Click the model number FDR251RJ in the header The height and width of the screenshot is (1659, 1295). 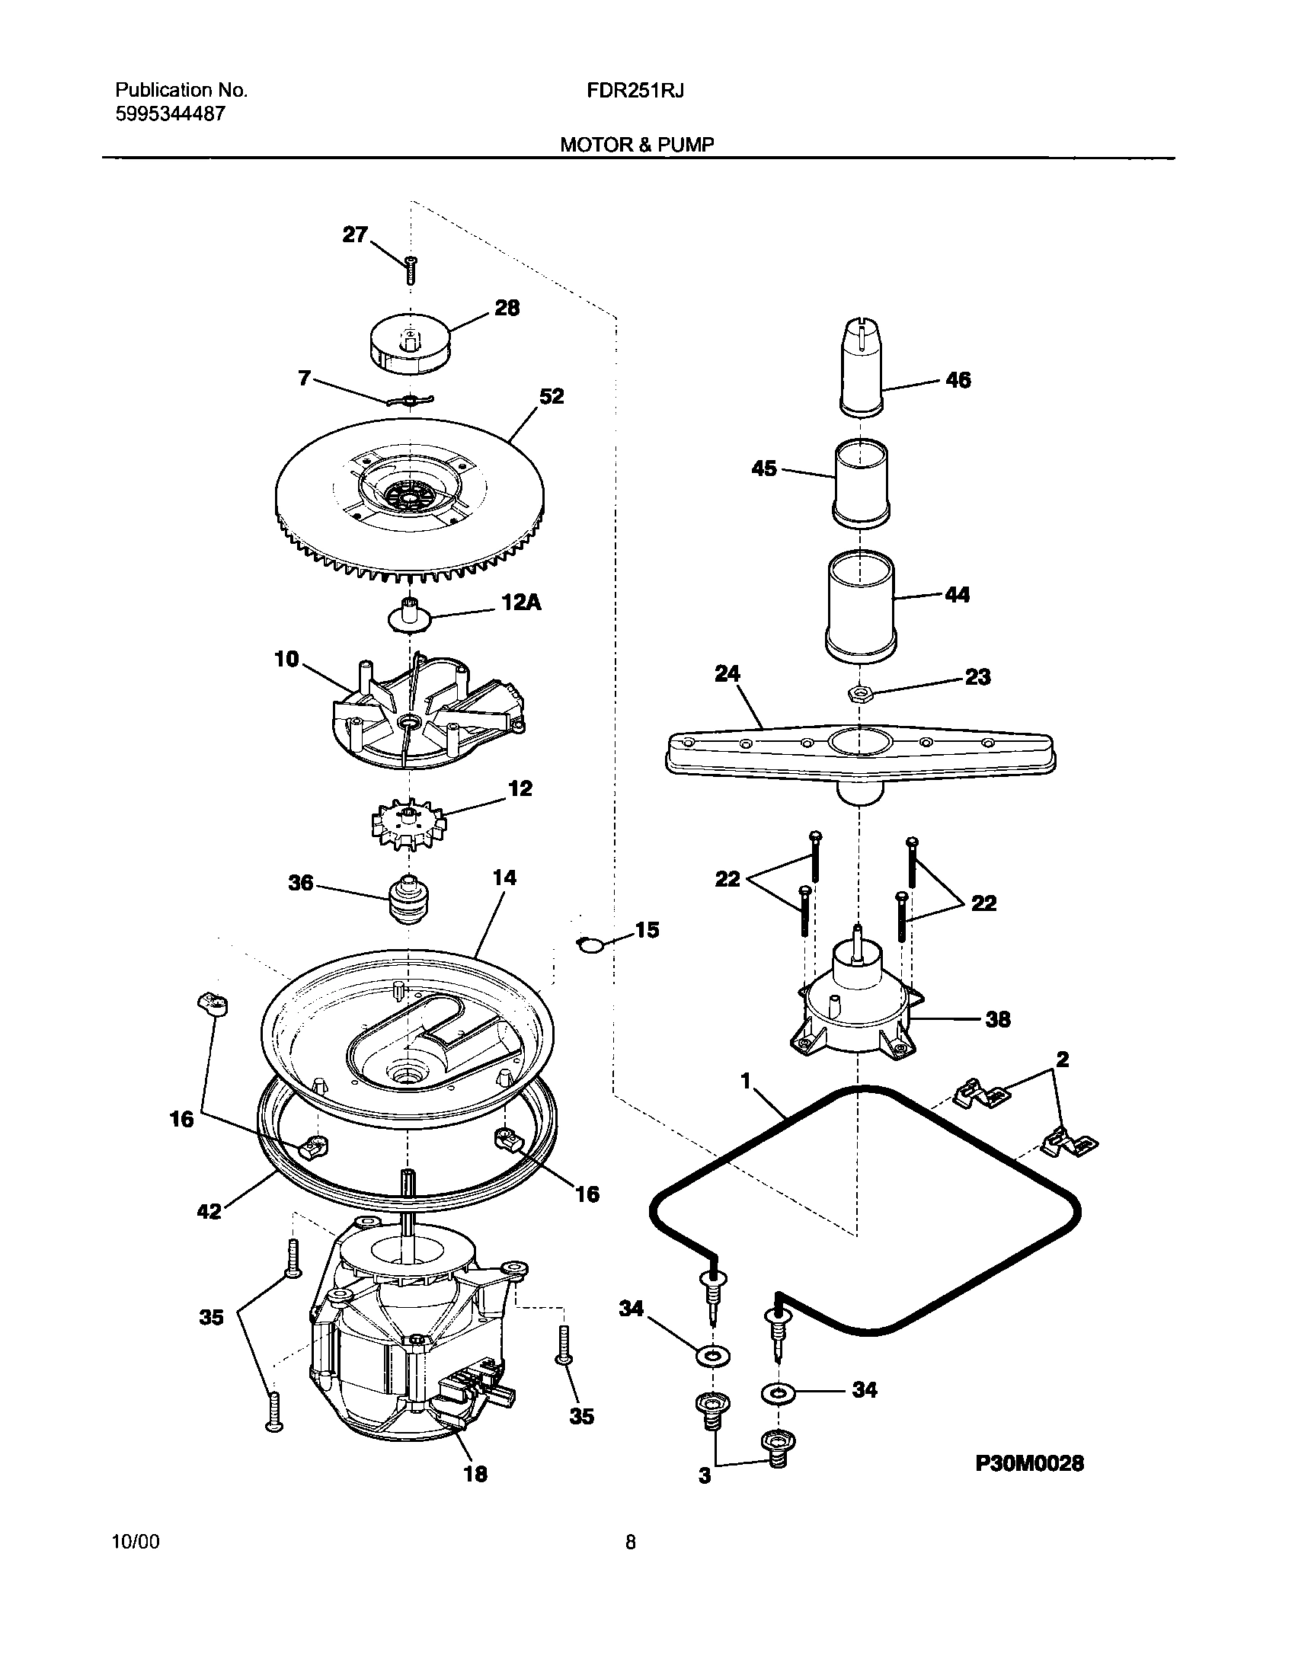(x=635, y=91)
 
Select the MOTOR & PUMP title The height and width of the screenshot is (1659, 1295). (x=637, y=145)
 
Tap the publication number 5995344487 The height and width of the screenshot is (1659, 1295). (x=170, y=115)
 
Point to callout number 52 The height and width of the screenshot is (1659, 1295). (x=552, y=396)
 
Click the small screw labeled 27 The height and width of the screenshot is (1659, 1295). (x=411, y=270)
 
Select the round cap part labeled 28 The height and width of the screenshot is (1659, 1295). (x=410, y=345)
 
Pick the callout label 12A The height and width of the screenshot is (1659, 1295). (x=521, y=603)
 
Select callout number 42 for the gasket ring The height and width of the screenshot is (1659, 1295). (x=209, y=1210)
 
